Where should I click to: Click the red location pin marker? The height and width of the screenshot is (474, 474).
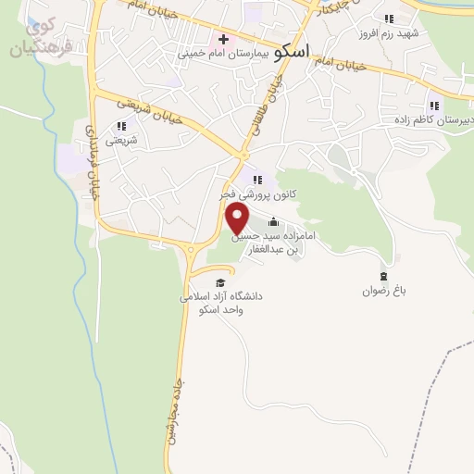coord(239,218)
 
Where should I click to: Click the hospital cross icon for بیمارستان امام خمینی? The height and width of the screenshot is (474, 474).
coord(222,40)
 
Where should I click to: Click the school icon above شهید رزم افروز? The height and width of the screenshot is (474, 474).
coord(389,18)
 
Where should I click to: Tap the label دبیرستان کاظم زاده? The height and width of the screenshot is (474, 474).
coord(432,120)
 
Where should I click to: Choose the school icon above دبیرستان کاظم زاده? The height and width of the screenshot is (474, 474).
coord(433,106)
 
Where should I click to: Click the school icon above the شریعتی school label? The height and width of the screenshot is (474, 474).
coord(120,126)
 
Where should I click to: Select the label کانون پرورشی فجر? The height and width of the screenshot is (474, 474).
coord(259,195)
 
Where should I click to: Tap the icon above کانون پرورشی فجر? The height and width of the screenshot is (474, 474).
coord(257,180)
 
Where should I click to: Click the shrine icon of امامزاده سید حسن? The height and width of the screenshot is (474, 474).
coord(272,222)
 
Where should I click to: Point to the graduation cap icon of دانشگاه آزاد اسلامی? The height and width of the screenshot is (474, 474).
coord(219,282)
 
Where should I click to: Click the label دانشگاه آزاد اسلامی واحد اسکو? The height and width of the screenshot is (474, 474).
coord(223,303)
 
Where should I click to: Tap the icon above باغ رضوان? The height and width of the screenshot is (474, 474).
coord(384,276)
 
